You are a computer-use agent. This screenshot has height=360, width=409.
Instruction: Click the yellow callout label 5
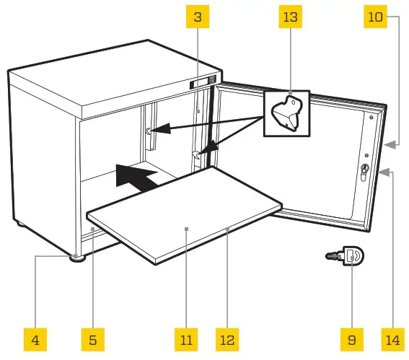click(92, 338)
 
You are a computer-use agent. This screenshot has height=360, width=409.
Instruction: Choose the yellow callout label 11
click(187, 338)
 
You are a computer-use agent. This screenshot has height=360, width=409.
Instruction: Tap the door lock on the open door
click(364, 170)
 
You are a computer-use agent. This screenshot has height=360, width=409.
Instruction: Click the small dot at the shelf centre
click(187, 229)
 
